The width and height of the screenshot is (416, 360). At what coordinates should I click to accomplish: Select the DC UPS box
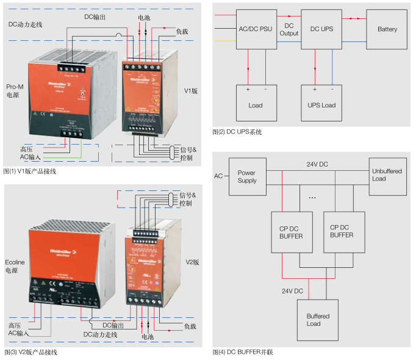click(323, 29)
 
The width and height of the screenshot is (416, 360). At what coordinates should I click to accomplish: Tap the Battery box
click(387, 29)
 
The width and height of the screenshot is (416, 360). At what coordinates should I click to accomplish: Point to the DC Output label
click(289, 29)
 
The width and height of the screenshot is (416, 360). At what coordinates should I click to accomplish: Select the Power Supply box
click(247, 176)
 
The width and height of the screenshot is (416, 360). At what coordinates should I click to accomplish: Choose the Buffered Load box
click(318, 320)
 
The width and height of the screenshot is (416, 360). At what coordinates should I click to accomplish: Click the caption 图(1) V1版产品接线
click(30, 171)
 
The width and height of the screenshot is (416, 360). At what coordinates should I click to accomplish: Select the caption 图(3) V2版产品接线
click(30, 352)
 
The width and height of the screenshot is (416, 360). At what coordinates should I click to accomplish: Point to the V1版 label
click(191, 91)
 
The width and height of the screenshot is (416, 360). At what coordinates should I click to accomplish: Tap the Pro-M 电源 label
click(15, 91)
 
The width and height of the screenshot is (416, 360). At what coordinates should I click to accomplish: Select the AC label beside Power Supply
click(218, 176)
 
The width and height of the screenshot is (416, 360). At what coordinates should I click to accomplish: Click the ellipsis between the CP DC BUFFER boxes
click(312, 198)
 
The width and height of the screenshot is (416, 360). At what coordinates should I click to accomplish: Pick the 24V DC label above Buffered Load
click(292, 291)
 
